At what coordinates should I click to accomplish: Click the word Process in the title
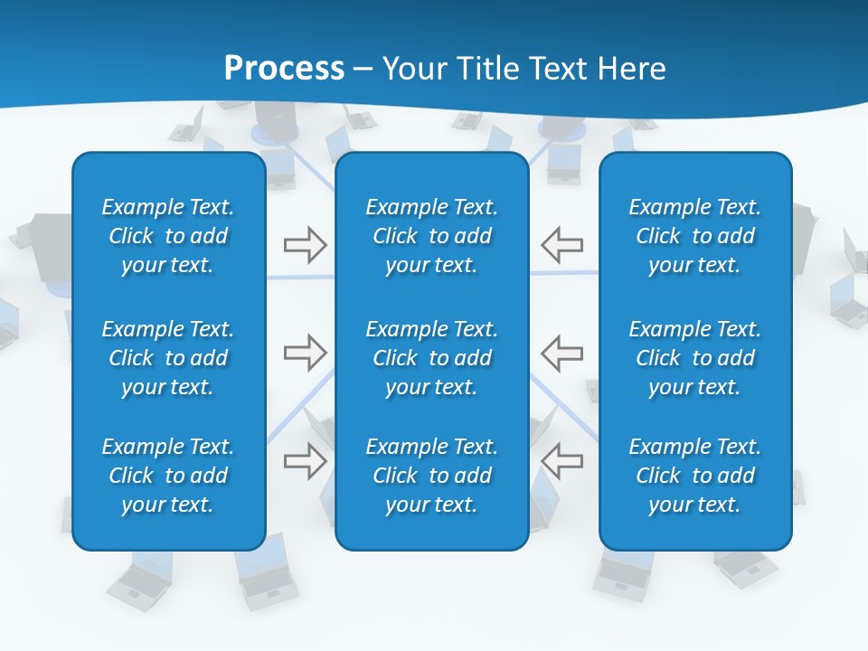pos(284,69)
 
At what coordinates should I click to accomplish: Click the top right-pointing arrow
pos(306,245)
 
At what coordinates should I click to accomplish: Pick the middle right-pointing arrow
pos(306,353)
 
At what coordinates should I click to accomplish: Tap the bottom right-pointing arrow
pos(306,461)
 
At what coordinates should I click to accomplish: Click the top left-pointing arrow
pos(562,245)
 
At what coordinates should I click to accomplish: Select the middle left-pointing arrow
pos(562,353)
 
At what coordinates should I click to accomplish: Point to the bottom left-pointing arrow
pos(562,461)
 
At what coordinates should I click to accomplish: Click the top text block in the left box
pos(168,236)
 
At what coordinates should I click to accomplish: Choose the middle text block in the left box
pos(168,358)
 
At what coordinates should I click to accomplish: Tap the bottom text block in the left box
pos(168,476)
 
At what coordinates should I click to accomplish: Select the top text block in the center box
pos(432,236)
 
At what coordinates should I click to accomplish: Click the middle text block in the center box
pos(432,358)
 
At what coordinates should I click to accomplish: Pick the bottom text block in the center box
pos(432,476)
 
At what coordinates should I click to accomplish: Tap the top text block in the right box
pos(695,236)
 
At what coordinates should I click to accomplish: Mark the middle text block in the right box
pos(695,358)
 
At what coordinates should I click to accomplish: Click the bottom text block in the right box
pos(695,476)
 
